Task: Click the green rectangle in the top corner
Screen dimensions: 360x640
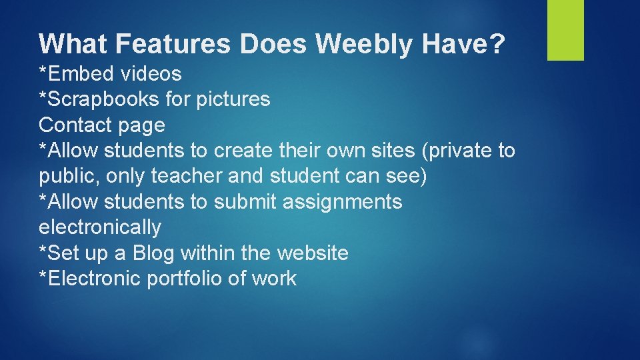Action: [565, 30]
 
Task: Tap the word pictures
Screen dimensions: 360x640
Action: [232, 99]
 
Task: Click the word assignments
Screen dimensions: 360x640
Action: [343, 201]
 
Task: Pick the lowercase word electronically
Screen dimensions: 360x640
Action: [100, 227]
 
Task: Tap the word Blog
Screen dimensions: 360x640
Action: [154, 253]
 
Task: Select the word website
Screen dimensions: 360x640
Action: [313, 253]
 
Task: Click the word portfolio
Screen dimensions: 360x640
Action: [184, 279]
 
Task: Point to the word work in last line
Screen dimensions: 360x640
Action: [274, 279]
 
